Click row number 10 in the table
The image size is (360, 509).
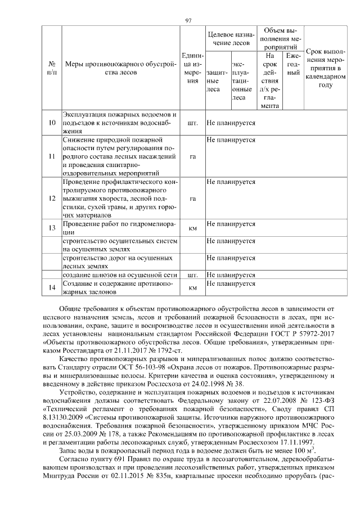tap(52, 123)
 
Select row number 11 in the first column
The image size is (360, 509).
tap(52, 156)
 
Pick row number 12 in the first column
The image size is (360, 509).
tap(52, 199)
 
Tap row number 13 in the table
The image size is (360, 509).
tap(52, 228)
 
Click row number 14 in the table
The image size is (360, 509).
tap(52, 287)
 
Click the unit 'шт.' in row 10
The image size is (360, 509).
tap(193, 123)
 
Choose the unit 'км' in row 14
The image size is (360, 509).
tap(193, 288)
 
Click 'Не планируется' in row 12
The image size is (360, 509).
tap(231, 182)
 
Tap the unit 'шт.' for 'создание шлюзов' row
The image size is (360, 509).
tap(193, 275)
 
